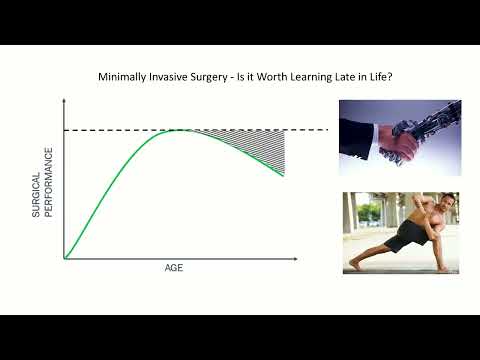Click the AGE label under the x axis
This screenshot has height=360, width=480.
174,269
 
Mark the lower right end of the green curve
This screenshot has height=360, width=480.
285,175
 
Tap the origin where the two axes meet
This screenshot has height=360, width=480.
64,259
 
